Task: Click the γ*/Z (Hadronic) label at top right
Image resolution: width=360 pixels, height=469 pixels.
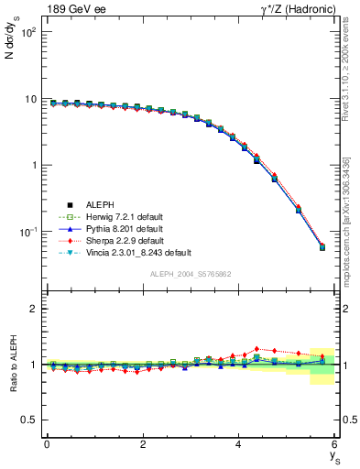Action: (x=292, y=10)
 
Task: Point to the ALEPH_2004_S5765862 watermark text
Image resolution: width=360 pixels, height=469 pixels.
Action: (x=191, y=274)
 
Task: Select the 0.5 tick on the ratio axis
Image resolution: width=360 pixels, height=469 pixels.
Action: (x=27, y=420)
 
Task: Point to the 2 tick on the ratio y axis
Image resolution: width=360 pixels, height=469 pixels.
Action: (x=31, y=309)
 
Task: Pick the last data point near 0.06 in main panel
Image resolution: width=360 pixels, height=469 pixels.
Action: (x=322, y=247)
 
